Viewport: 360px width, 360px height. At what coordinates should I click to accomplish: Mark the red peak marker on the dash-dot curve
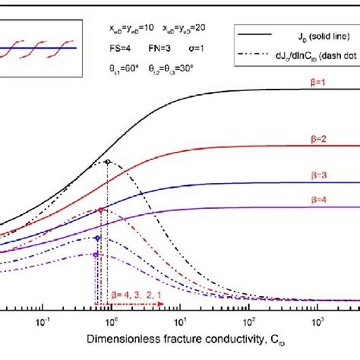point(100,210)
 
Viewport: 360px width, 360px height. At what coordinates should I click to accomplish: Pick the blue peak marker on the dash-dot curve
point(97,238)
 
